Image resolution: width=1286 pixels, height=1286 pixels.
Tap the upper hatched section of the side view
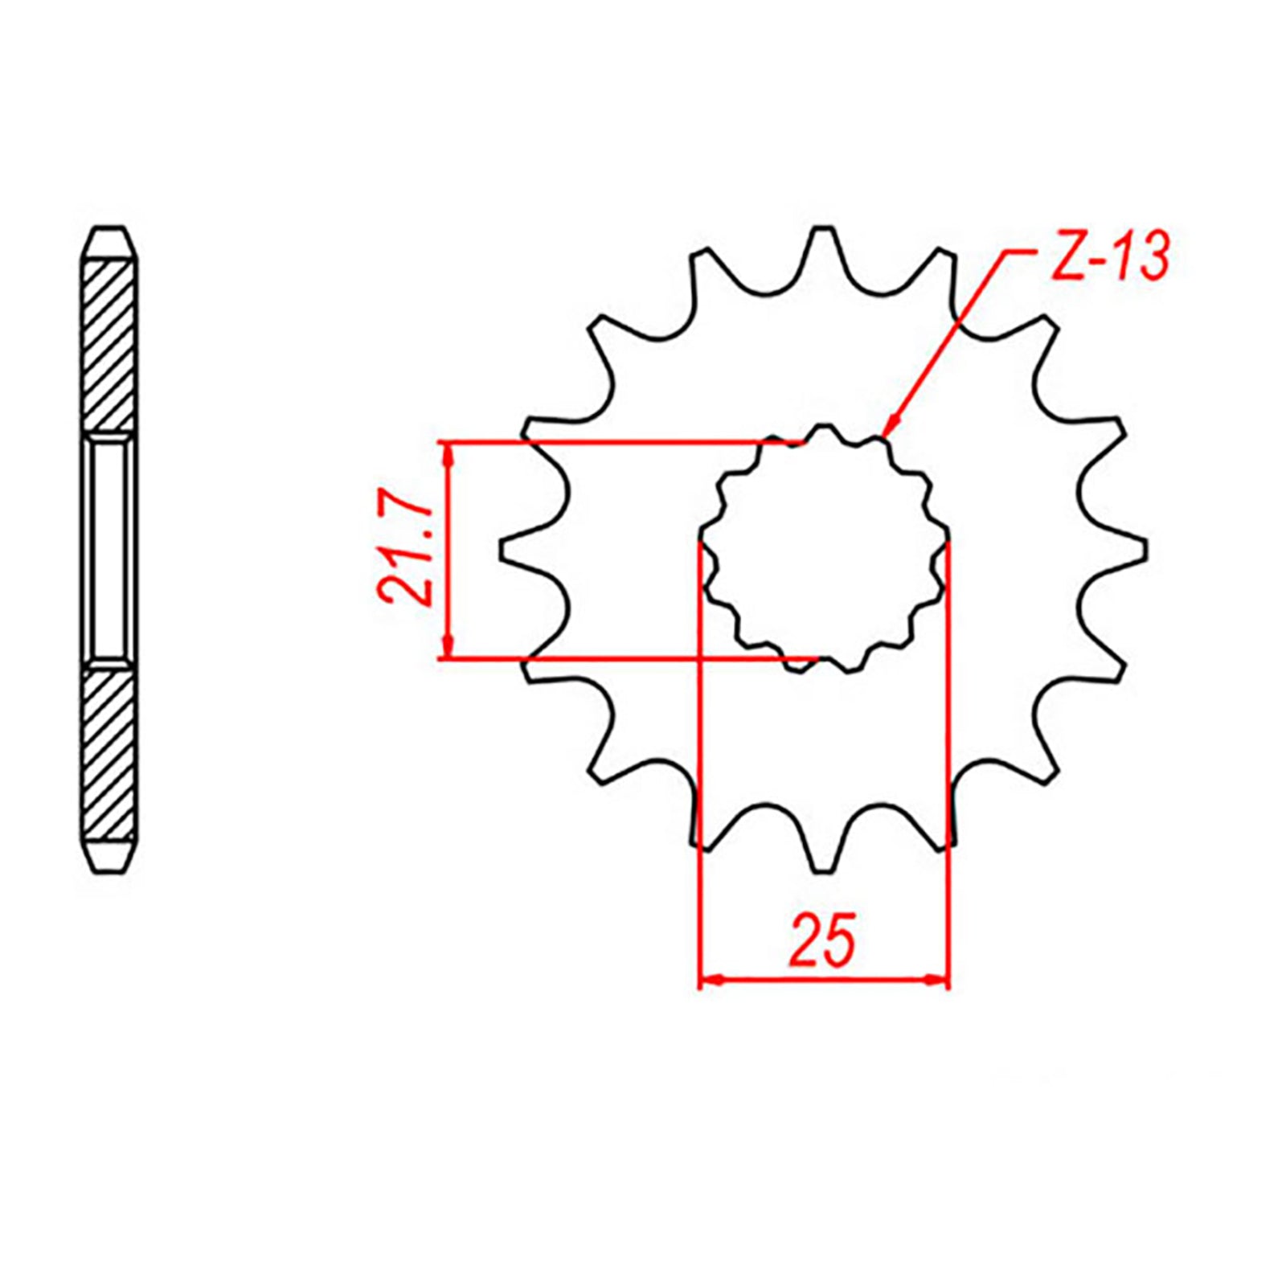coord(109,346)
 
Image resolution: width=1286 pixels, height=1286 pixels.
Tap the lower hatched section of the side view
coord(109,756)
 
